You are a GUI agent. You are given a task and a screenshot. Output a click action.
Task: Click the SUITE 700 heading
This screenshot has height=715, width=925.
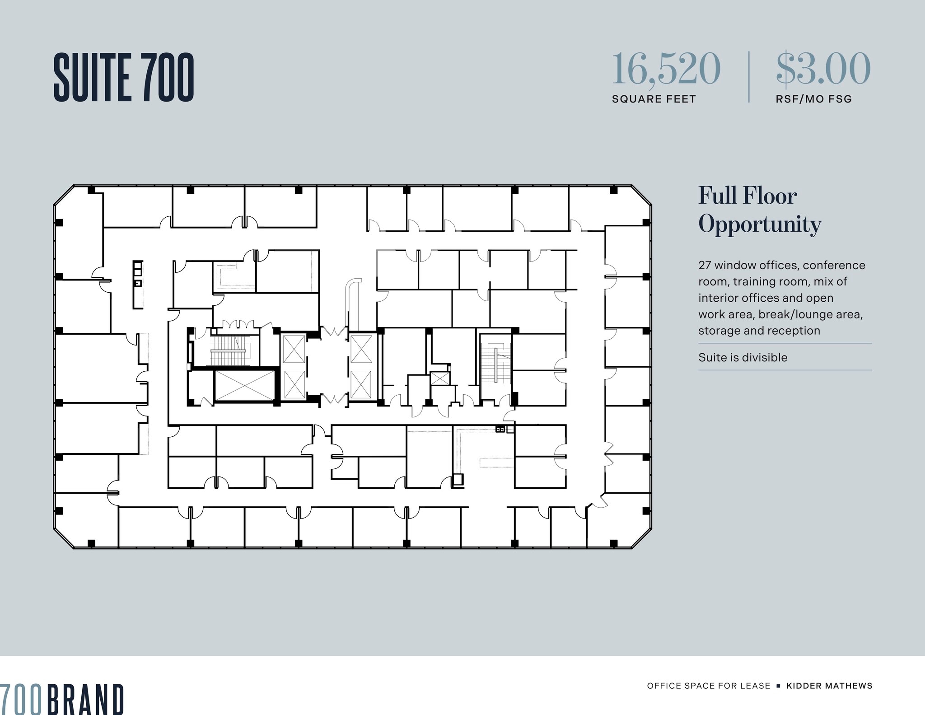[x=124, y=77]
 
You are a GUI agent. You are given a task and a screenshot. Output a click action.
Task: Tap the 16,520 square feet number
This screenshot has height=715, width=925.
[x=666, y=69]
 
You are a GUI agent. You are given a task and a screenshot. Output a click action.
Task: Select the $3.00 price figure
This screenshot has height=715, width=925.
[x=823, y=69]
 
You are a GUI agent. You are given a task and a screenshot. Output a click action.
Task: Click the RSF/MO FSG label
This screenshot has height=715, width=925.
[x=813, y=99]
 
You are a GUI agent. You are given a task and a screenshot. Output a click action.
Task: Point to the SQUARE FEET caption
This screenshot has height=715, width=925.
[x=654, y=99]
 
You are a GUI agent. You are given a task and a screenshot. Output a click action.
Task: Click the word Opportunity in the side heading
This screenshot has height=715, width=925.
[x=760, y=224]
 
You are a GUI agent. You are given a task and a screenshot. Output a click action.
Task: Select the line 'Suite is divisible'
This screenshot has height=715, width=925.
[x=743, y=357]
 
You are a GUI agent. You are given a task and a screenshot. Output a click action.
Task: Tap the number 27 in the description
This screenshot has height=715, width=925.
[x=704, y=265]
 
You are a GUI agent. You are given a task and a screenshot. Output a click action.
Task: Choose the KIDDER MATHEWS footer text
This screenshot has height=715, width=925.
[x=829, y=686]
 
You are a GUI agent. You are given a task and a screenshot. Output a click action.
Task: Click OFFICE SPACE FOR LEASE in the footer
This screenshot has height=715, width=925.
[x=708, y=686]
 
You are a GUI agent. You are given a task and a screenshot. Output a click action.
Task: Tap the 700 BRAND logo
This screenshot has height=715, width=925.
[x=62, y=699]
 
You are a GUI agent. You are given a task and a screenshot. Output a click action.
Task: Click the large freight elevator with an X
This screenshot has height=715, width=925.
[x=244, y=385]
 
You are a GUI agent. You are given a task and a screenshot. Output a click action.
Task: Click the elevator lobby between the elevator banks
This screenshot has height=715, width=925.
[x=327, y=366]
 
